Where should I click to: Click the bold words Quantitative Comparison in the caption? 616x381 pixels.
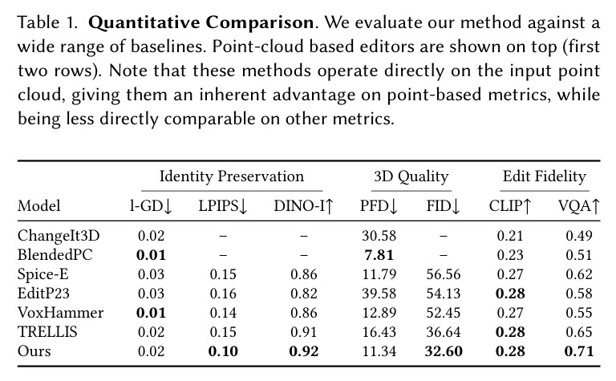click(x=201, y=22)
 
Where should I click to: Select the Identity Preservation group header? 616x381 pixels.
click(x=231, y=176)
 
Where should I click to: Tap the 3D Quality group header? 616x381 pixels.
click(x=411, y=176)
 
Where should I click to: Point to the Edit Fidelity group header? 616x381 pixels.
click(x=545, y=176)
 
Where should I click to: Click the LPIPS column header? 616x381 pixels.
click(x=223, y=206)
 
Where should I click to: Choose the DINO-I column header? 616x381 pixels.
click(x=303, y=206)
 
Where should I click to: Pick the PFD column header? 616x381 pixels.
click(x=379, y=206)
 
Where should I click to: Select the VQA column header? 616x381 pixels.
click(x=578, y=206)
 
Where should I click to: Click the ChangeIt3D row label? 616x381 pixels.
click(x=59, y=236)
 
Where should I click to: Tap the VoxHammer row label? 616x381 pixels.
click(x=60, y=313)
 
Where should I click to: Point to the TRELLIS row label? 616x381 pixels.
click(x=47, y=332)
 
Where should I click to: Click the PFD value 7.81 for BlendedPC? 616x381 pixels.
click(x=379, y=255)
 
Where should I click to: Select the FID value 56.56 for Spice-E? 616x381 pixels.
click(x=443, y=274)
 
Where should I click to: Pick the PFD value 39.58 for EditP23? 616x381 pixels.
click(x=379, y=294)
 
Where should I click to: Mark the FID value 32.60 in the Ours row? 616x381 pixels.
click(x=443, y=351)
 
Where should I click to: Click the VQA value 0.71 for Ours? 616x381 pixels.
click(x=578, y=351)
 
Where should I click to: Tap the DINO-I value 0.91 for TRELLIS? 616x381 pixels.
click(x=303, y=332)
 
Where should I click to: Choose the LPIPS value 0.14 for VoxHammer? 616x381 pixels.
click(x=223, y=313)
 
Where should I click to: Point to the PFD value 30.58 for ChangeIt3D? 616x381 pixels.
click(x=379, y=236)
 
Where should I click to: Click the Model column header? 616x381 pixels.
click(x=38, y=206)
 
